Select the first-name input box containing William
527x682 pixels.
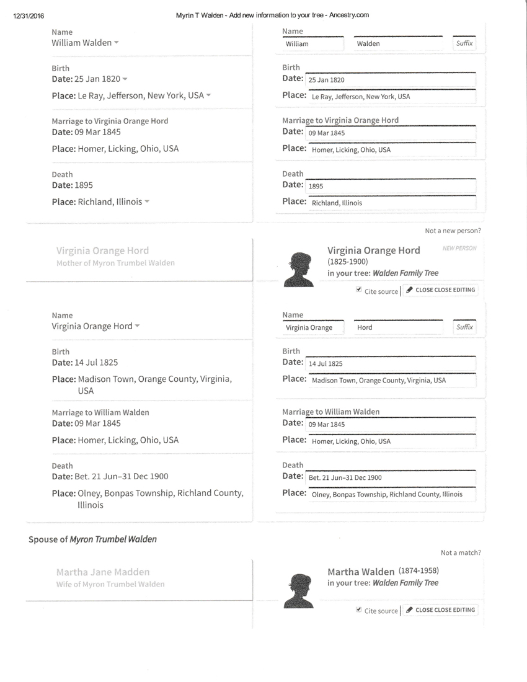coord(313,44)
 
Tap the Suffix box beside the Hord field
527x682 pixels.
coord(464,327)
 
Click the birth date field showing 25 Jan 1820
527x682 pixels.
coord(391,80)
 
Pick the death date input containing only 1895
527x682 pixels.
coord(391,186)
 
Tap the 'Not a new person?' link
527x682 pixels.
coord(453,231)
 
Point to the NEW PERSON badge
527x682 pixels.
coord(459,249)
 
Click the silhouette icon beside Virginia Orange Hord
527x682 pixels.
coord(299,269)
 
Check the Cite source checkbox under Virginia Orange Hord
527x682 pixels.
coord(359,290)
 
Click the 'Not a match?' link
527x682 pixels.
coord(461,552)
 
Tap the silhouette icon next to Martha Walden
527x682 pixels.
coord(299,590)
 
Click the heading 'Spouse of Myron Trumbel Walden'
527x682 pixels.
coord(92,539)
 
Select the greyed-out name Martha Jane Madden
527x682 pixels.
coord(103,572)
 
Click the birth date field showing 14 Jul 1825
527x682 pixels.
coord(391,364)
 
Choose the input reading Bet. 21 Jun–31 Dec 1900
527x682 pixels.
coord(391,477)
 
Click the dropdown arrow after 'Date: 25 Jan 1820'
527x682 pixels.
coord(125,79)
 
